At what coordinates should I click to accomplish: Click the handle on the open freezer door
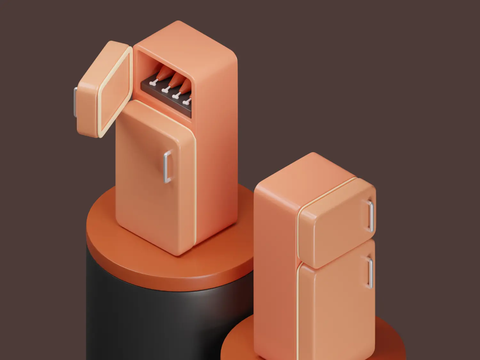pos(75,102)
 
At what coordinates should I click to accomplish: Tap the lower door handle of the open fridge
pos(167,167)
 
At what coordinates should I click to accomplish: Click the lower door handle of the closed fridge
pos(370,273)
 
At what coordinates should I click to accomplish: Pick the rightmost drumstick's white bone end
pos(186,102)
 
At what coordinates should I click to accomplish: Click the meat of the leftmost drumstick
pos(163,73)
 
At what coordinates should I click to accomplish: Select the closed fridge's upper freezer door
pos(336,224)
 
